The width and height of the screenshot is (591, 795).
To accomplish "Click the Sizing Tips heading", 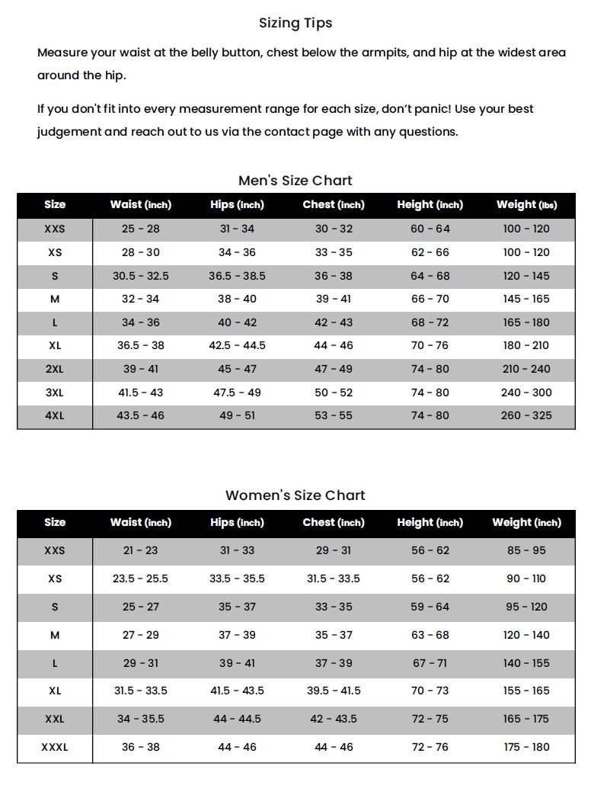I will tap(295, 23).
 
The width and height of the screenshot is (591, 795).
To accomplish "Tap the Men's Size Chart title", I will tap(295, 181).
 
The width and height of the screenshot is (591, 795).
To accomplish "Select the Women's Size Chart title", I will tap(295, 495).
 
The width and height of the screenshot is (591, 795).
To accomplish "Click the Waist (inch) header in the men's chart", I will tap(141, 204).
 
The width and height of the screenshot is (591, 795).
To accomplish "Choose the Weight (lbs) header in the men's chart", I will tap(526, 204).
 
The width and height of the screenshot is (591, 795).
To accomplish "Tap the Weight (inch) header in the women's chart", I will tap(526, 522).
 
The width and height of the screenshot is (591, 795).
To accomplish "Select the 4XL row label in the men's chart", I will tap(55, 415).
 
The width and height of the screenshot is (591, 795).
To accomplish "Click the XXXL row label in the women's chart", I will tap(55, 747).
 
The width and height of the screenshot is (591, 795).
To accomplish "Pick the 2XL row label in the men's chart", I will tap(55, 369).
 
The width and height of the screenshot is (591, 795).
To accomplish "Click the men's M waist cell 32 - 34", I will tap(141, 299).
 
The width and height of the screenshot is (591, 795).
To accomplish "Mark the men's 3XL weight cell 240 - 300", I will tap(526, 393).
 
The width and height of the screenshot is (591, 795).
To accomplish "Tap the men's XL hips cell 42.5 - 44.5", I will tap(237, 345).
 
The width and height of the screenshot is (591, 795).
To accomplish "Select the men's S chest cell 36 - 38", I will tap(334, 276).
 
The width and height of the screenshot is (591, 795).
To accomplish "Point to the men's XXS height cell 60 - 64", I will tap(430, 229).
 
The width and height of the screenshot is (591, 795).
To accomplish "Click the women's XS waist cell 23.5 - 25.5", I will tap(141, 579).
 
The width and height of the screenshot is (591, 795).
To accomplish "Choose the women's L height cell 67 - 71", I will tap(430, 663).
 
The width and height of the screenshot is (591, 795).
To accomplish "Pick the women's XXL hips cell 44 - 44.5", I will tap(237, 719).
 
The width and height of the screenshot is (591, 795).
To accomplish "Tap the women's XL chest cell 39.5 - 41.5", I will tap(334, 691).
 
